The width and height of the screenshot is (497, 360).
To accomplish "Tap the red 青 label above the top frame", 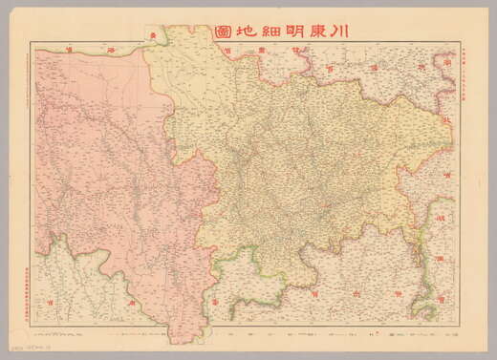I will (x=151, y=34).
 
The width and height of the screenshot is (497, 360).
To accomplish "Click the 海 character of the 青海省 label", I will (x=111, y=46).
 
